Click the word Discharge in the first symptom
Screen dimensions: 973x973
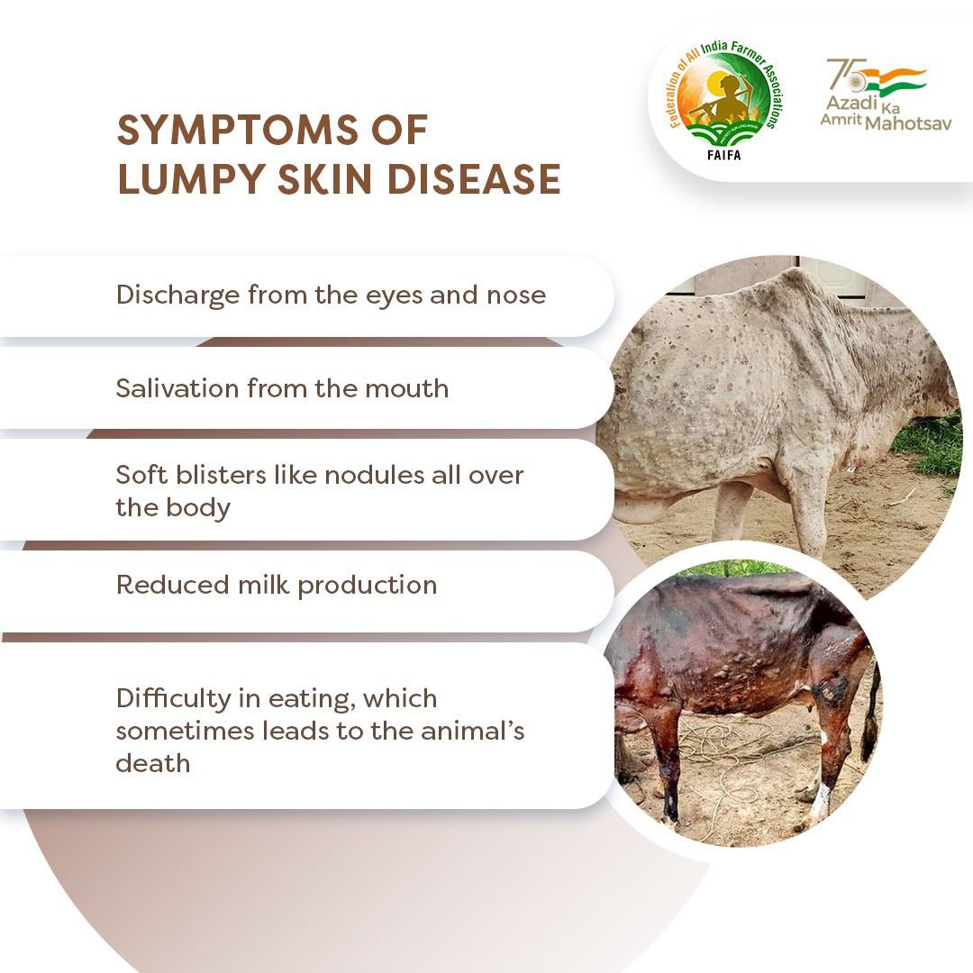coord(176,296)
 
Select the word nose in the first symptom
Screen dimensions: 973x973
coord(518,296)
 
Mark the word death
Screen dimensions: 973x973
coord(152,763)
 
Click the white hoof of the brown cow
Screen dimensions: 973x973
coord(820,801)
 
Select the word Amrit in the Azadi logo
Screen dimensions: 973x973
coord(840,123)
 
